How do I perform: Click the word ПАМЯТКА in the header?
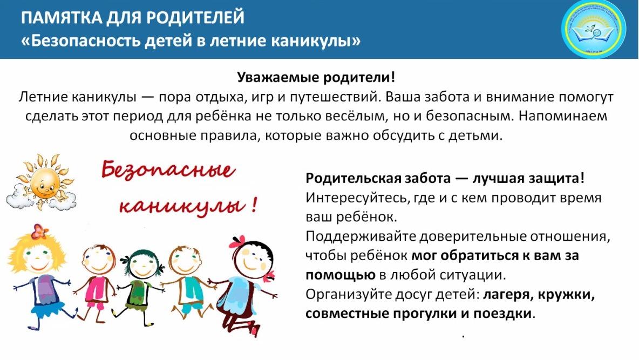point(60,17)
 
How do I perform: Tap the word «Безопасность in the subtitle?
point(92,41)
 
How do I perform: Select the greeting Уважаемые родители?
point(316,77)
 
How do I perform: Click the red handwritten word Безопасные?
point(168,169)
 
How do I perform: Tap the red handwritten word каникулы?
point(182,206)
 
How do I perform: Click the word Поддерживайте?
point(361,236)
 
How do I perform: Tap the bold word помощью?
point(341,275)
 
